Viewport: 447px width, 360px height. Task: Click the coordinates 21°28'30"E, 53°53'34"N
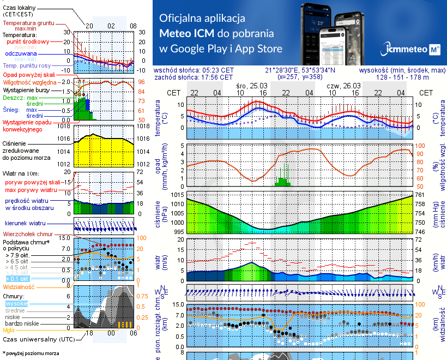[x=300, y=70]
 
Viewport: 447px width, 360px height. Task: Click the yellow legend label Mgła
[x=8, y=330]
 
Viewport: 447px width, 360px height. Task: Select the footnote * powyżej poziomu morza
[x=31, y=353]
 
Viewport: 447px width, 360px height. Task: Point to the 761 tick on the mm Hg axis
[x=420, y=195]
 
